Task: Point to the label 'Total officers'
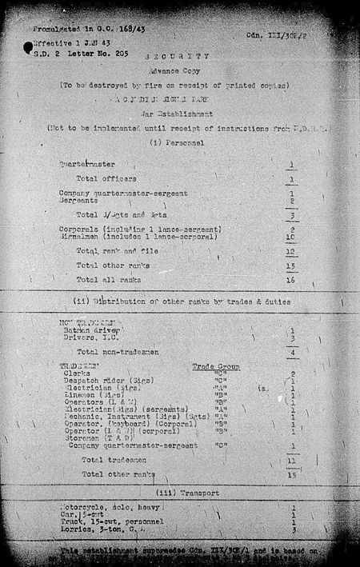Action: [106, 178]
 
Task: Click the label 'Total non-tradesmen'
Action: [115, 351]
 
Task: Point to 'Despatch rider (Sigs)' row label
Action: [105, 381]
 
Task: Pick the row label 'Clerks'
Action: [79, 373]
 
